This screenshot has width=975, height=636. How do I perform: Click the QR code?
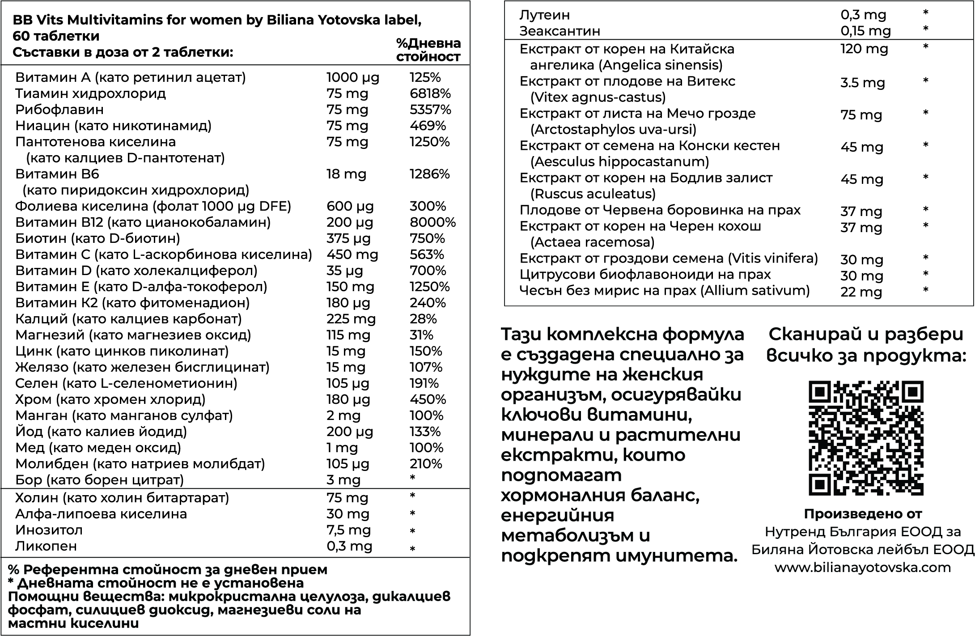tap(866, 438)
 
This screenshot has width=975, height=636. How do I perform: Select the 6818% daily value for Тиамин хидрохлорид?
tap(430, 93)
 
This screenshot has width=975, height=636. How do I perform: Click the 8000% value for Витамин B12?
tap(432, 222)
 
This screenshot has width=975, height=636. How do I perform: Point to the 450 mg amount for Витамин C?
tap(352, 254)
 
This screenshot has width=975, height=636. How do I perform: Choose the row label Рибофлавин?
tap(59, 110)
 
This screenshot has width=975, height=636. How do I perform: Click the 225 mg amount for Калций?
tap(351, 319)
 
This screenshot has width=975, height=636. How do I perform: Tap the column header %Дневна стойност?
tap(428, 50)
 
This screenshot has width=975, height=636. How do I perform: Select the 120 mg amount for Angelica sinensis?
tap(864, 49)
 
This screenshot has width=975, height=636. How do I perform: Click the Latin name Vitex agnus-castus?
tap(598, 97)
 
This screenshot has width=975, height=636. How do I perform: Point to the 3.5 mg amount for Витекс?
tap(862, 83)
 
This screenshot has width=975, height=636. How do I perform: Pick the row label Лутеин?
tap(544, 15)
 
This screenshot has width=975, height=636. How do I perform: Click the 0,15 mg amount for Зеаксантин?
tap(865, 31)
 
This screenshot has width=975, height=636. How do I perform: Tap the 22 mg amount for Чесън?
tap(861, 292)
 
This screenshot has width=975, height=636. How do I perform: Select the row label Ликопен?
tap(46, 546)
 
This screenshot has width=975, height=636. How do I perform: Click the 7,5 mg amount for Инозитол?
tap(348, 530)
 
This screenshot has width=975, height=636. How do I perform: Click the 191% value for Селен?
tap(424, 383)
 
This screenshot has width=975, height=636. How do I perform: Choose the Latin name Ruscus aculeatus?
tap(593, 194)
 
